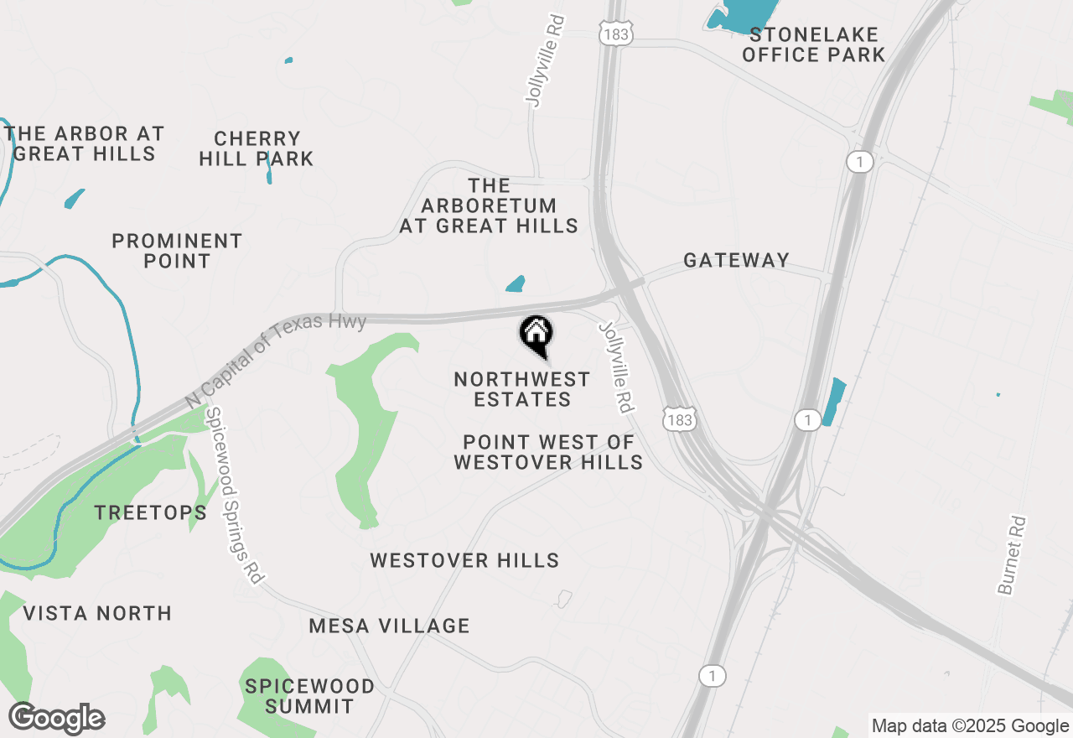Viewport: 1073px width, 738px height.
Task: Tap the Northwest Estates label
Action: tap(522, 390)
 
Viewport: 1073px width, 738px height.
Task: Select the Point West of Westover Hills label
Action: tap(548, 452)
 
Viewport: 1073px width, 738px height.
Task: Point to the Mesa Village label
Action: tap(389, 626)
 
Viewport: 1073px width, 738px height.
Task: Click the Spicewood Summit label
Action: tap(310, 696)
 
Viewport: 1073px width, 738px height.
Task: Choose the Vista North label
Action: tap(97, 613)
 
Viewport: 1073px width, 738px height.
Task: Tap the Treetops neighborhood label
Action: tap(151, 512)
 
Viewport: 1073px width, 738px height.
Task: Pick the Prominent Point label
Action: tap(177, 251)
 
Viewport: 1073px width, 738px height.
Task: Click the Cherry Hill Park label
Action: tap(257, 148)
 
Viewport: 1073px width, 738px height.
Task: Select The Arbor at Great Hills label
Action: tap(84, 143)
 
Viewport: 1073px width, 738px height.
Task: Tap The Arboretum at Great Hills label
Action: tap(489, 205)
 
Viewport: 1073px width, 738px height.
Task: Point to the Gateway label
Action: tap(736, 260)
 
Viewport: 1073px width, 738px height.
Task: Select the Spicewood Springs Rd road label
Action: tap(236, 496)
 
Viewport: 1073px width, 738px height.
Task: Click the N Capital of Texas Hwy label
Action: tap(276, 359)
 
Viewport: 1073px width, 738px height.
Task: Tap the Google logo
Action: tap(57, 719)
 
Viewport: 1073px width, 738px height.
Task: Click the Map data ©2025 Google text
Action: tap(970, 726)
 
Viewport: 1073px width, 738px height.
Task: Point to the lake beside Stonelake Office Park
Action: tap(738, 17)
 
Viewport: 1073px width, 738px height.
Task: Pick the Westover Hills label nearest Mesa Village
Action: tap(464, 560)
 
